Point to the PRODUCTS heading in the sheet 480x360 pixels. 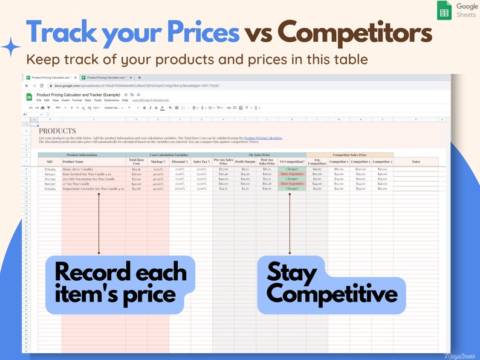tap(57, 130)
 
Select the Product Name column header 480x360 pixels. tap(73, 161)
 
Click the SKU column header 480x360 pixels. tap(50, 161)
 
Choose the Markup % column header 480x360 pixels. tap(158, 161)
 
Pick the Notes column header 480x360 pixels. tap(415, 161)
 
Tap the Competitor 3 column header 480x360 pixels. tap(382, 161)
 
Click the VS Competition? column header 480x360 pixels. tap(292, 161)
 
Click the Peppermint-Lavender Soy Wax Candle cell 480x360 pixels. tap(93, 188)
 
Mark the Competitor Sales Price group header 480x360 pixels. tap(350, 155)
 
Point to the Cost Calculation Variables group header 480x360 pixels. tap(169, 155)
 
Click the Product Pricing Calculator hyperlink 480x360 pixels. tap(263, 138)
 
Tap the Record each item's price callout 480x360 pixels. tap(120, 283)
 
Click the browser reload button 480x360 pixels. tap(42, 86)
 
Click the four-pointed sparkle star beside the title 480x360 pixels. tap(11, 46)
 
